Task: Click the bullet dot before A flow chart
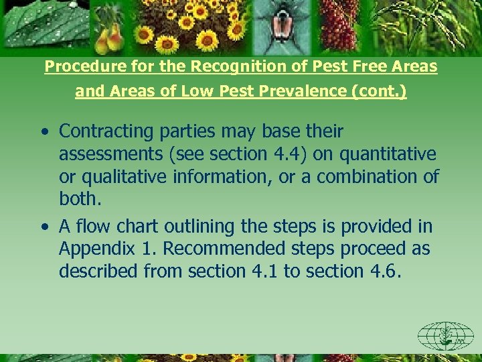[44, 227]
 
